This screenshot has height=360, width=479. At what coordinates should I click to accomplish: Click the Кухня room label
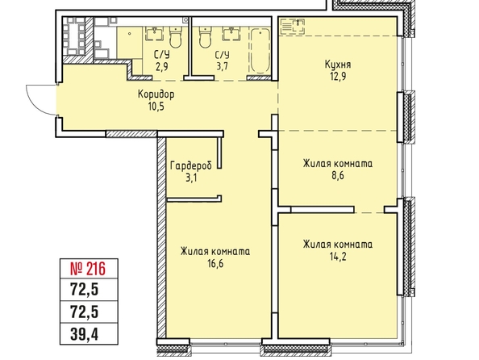point(338,65)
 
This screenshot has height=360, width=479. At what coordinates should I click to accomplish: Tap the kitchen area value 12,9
point(338,77)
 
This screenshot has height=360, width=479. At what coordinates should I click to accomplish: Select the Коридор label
point(156,94)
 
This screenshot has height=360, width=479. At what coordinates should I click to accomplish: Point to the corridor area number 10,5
point(156,106)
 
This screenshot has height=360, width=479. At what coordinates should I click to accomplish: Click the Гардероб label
point(191,165)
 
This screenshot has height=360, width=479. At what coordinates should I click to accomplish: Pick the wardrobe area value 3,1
point(191,178)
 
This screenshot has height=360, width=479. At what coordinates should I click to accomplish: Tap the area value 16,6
point(215,263)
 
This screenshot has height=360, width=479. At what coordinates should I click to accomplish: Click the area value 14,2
point(338,257)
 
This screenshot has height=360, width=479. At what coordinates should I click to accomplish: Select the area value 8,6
point(338,176)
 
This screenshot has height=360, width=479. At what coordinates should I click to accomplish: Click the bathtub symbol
point(260,51)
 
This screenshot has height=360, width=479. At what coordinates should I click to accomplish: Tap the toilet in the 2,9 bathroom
point(175,37)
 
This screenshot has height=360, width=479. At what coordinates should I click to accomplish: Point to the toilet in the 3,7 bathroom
point(205,37)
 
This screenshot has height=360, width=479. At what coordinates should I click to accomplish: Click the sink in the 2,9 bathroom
point(155,33)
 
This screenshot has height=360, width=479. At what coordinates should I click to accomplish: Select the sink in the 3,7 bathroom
point(231,33)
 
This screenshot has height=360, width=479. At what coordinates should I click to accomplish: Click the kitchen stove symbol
point(293,26)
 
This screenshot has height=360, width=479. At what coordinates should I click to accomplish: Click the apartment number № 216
point(88,269)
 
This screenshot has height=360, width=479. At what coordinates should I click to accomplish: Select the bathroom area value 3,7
point(223,66)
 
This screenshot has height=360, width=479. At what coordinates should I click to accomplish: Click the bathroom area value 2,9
point(161,66)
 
